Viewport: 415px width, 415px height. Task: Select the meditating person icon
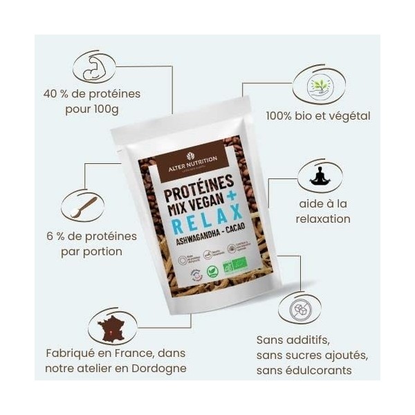pyautogui.click(x=319, y=176)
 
